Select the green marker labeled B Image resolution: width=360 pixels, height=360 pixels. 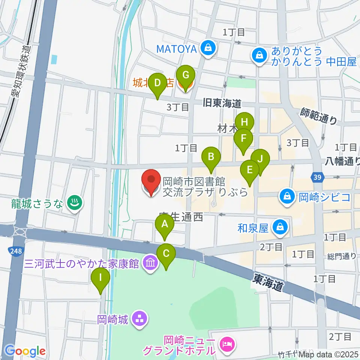211,157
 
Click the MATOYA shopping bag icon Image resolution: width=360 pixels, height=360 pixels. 207,48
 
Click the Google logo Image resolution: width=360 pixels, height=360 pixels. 25,351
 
